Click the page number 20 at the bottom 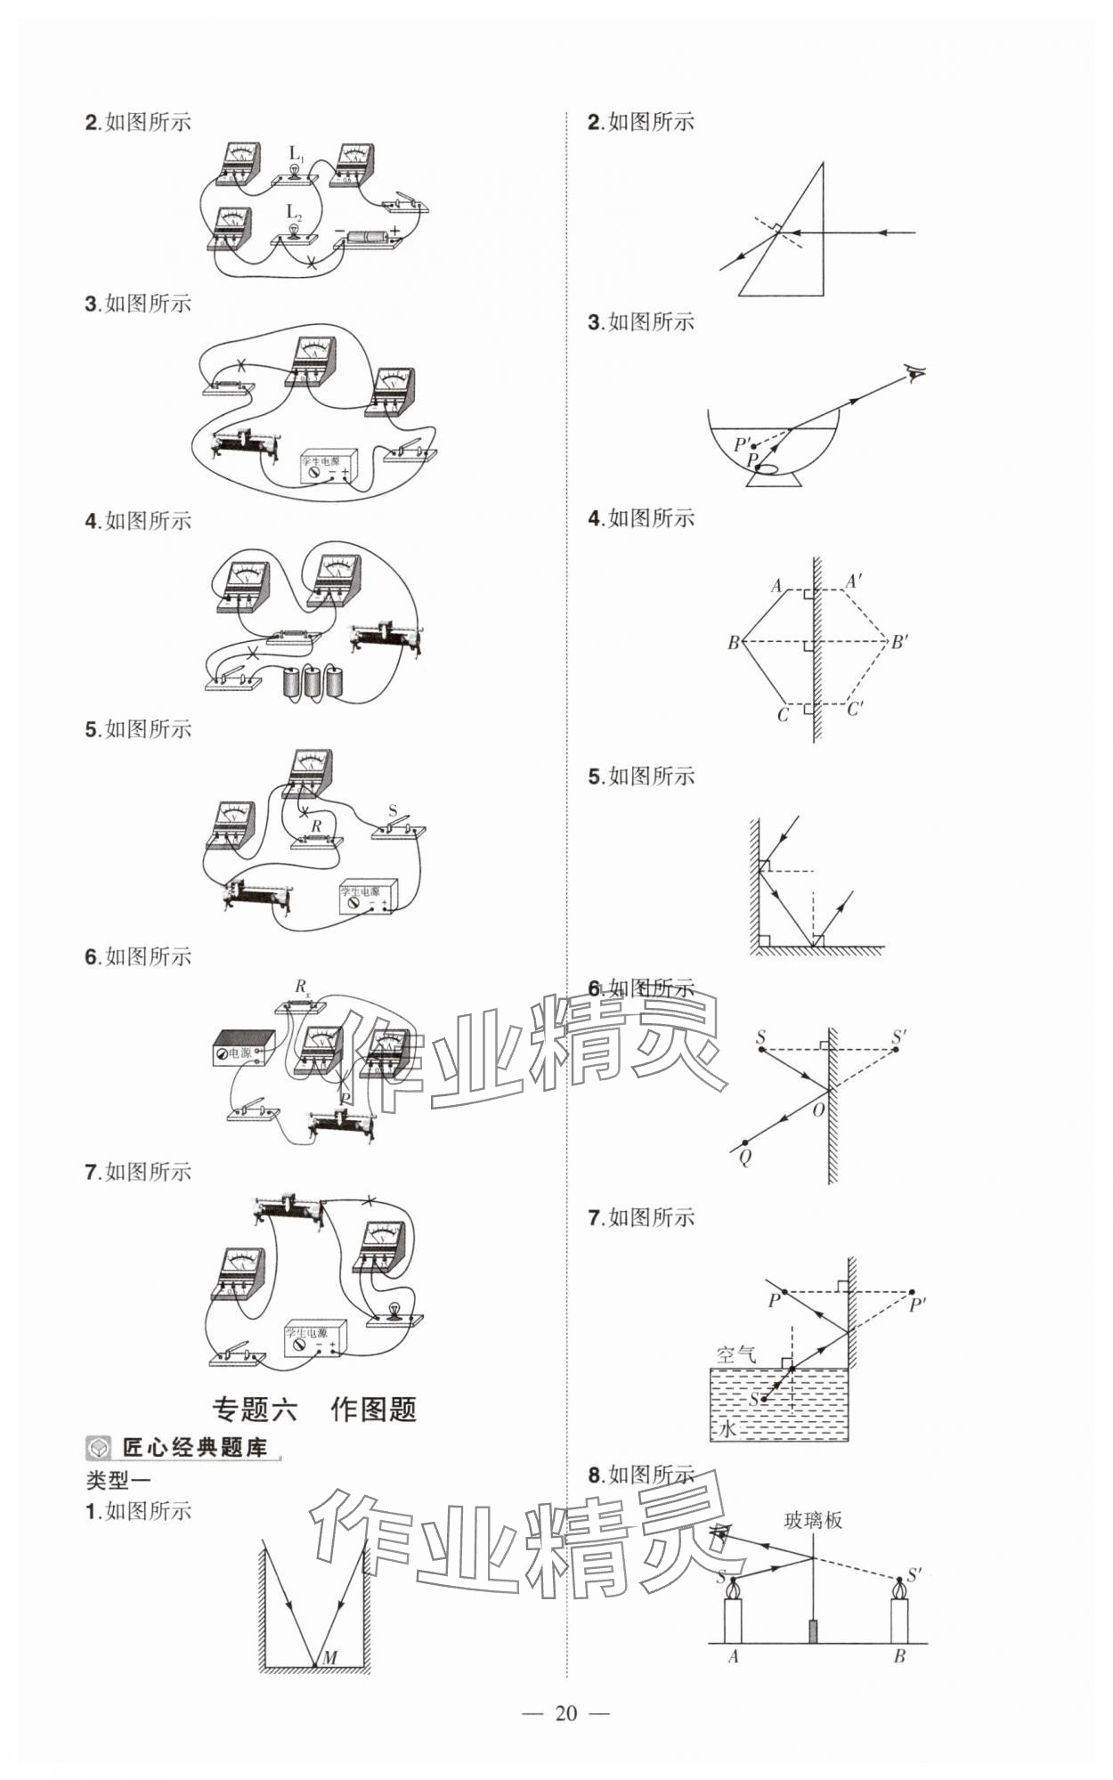coord(566,1712)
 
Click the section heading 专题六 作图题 coord(314,1409)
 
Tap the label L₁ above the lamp coord(297,154)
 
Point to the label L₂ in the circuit coord(294,213)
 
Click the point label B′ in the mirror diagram coord(899,641)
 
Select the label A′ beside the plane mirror coord(853,581)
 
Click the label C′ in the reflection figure coord(855,710)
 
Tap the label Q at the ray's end coord(744,1157)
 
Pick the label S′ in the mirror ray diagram coord(898,1037)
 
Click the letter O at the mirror coord(818,1110)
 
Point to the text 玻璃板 coord(812,1520)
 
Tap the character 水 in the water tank coord(727,1429)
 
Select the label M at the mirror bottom coord(329,1657)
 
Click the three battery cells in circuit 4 coord(312,681)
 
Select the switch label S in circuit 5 coord(394,811)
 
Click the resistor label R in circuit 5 coord(316,826)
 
